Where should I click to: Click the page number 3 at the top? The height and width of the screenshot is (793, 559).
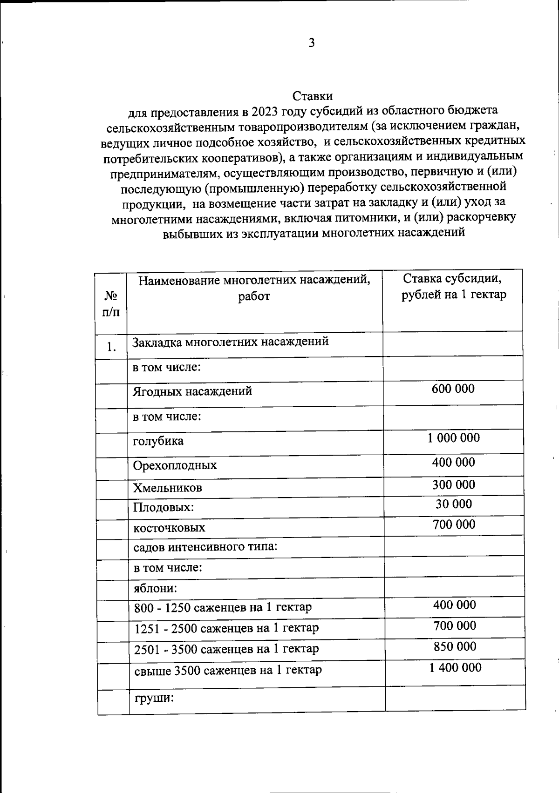312,43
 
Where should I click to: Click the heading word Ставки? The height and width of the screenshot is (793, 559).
313,96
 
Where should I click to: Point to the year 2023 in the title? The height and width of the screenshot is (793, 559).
264,111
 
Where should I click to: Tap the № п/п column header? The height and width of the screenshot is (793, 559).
111,303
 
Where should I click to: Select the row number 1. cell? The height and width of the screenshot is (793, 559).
111,347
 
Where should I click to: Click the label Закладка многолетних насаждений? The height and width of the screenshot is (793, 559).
231,342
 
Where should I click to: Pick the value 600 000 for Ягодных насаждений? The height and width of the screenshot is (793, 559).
453,389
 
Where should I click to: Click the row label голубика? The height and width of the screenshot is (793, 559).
158,441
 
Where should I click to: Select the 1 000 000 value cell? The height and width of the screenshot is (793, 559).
453,438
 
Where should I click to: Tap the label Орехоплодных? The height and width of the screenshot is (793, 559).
175,465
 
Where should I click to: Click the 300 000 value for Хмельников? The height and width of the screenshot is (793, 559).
453,485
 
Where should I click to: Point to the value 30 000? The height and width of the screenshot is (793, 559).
453,504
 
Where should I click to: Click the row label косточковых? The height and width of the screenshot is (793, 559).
169,528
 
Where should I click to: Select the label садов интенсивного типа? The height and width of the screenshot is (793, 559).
205,546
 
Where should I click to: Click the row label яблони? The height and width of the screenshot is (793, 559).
155,588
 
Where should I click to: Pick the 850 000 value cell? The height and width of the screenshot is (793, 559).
455,646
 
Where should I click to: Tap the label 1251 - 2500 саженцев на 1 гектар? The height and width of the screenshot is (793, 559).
226,628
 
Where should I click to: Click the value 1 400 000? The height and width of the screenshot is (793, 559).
455,668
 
